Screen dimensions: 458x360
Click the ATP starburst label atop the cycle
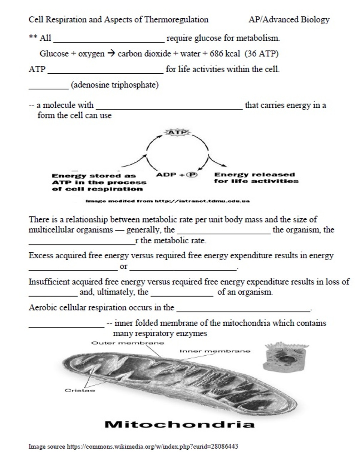click(177, 133)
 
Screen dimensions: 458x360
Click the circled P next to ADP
click(193, 175)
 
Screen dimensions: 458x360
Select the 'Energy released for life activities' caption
click(256, 177)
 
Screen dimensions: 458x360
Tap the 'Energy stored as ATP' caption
click(99, 182)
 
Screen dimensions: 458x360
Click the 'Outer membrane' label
click(128, 343)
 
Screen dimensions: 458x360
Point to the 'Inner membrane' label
click(214, 351)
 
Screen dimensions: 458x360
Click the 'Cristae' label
click(80, 390)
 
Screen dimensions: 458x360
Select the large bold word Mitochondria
click(179, 425)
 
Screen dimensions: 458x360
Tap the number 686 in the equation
click(217, 54)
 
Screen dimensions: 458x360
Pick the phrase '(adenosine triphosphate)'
click(115, 85)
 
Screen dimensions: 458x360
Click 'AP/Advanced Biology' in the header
click(289, 19)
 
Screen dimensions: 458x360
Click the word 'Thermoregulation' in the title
click(176, 19)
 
